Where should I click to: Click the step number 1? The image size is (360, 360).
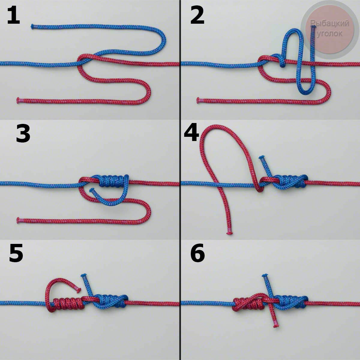click(x=13, y=15)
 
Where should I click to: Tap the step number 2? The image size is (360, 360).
click(x=197, y=15)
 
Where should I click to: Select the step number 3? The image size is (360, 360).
click(x=23, y=133)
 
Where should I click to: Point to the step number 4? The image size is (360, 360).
click(x=191, y=132)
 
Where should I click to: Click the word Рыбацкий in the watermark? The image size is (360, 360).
click(x=329, y=23)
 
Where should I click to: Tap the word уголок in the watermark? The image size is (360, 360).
click(x=330, y=34)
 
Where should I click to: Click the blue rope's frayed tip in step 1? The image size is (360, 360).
click(x=32, y=26)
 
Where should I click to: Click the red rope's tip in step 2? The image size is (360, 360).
click(x=198, y=100)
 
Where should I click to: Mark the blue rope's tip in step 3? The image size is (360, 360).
click(x=92, y=190)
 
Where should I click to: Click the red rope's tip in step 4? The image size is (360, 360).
click(x=229, y=233)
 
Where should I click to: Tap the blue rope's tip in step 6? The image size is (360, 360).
click(x=265, y=275)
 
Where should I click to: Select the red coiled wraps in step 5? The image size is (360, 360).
click(x=68, y=304)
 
